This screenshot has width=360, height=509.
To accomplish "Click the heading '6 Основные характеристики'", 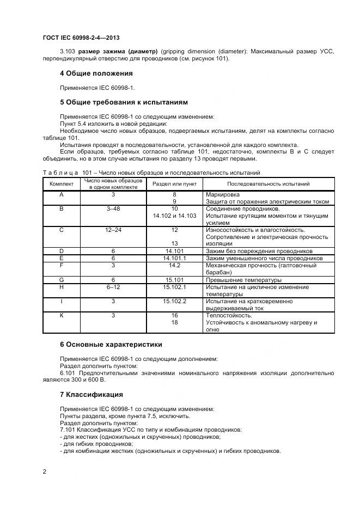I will pyautogui.click(x=111, y=344).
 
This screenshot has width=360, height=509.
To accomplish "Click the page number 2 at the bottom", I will pyautogui.click(x=45, y=471).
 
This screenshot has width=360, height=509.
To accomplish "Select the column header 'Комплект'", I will pyautogui.click(x=62, y=184).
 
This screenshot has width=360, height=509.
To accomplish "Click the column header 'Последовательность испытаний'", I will pyautogui.click(x=269, y=184).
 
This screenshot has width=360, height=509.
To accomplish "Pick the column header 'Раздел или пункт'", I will pyautogui.click(x=174, y=184).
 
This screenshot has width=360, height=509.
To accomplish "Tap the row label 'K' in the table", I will pyautogui.click(x=62, y=315).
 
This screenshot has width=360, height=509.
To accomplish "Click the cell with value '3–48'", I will pyautogui.click(x=113, y=208).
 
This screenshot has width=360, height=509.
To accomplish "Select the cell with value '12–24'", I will pyautogui.click(x=113, y=230).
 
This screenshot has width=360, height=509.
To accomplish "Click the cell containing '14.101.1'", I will pyautogui.click(x=174, y=258).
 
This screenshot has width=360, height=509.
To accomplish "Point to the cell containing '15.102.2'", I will pyautogui.click(x=174, y=301).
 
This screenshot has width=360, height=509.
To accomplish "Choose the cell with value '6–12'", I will pyautogui.click(x=113, y=286).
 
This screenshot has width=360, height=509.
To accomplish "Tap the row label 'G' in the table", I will pyautogui.click(x=62, y=280).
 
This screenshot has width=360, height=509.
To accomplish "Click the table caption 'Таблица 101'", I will pyautogui.click(x=65, y=173).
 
